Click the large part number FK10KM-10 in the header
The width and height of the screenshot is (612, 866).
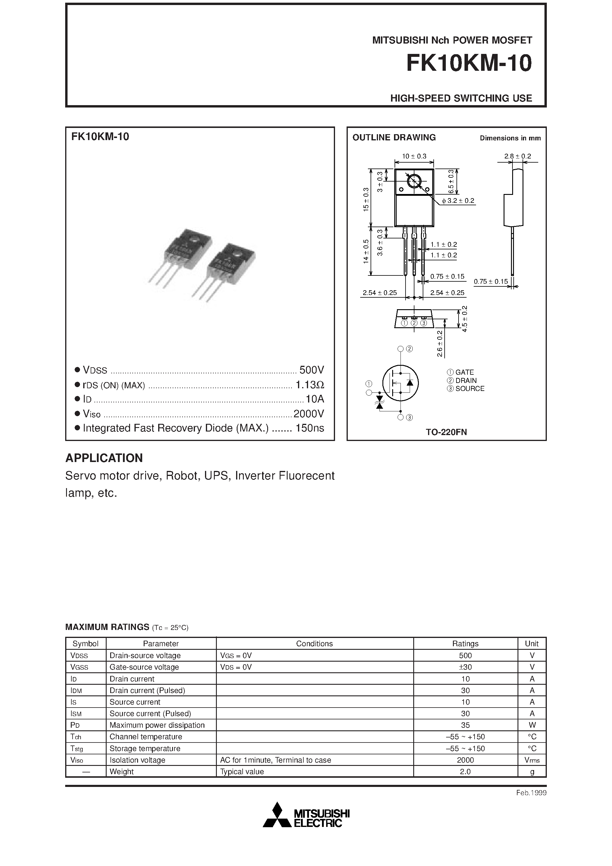pyautogui.click(x=469, y=63)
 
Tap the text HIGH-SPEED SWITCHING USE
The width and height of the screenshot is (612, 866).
pyautogui.click(x=461, y=98)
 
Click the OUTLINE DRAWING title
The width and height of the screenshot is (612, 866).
pyautogui.click(x=394, y=137)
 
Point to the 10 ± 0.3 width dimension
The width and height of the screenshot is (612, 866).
pyautogui.click(x=414, y=156)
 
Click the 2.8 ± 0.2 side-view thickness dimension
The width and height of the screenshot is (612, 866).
pyautogui.click(x=518, y=156)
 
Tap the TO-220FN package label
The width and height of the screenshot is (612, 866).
pyautogui.click(x=446, y=432)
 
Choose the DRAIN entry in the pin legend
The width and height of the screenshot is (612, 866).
pyautogui.click(x=462, y=381)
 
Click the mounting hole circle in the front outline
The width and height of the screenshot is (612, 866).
pyautogui.click(x=414, y=182)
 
